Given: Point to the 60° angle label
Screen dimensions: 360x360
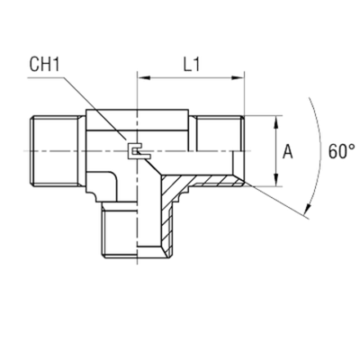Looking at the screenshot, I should tap(337, 153).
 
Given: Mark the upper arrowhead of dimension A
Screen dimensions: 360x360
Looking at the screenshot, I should tap(274, 119).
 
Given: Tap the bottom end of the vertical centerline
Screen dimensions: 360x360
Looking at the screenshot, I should tap(135, 266).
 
